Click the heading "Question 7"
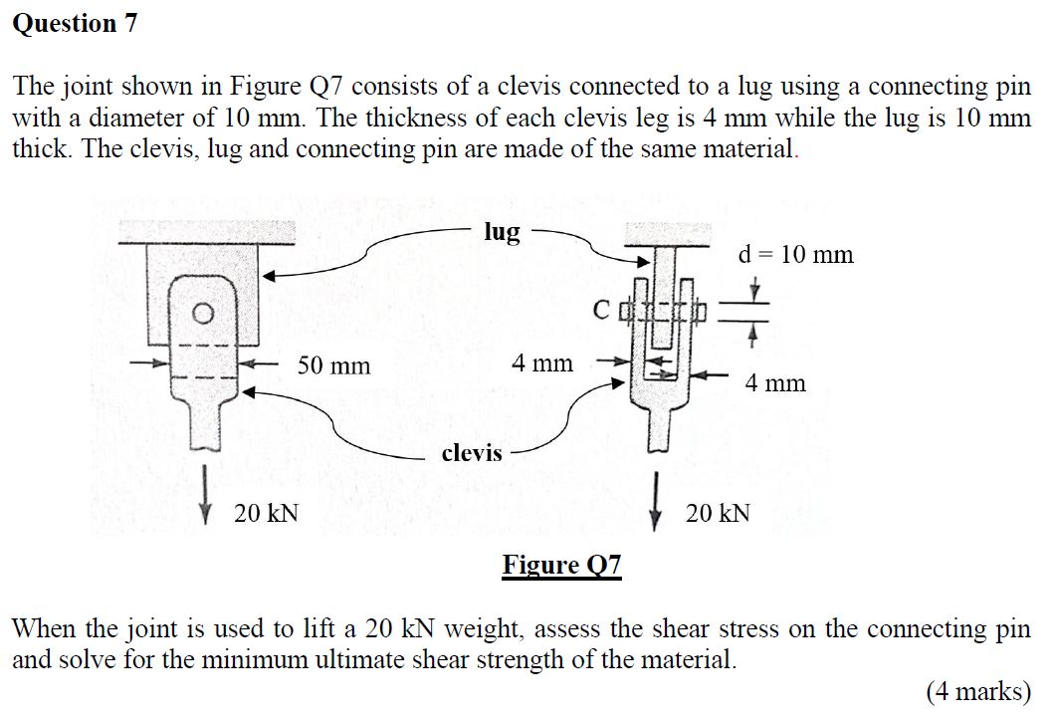click(74, 23)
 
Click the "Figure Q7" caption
click(561, 565)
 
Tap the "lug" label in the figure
click(502, 232)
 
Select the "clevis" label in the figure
click(472, 453)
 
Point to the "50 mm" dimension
click(333, 365)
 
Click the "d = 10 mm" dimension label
click(795, 254)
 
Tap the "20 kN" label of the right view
click(719, 514)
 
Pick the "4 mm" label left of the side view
click(542, 363)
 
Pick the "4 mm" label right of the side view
click(775, 383)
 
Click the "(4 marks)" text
click(978, 690)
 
